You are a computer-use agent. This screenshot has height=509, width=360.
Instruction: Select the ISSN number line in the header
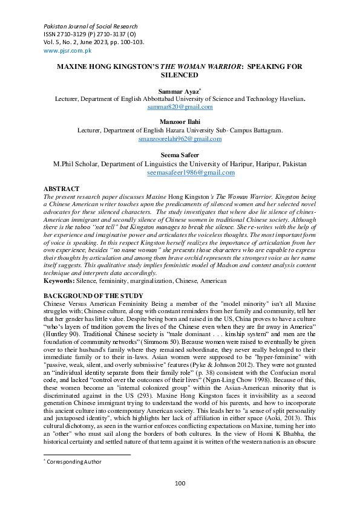(89, 34)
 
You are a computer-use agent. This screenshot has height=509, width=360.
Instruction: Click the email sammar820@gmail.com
(180, 106)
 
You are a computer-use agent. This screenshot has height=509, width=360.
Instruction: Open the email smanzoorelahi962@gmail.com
(180, 138)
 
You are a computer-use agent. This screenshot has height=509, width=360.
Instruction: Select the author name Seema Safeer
(180, 154)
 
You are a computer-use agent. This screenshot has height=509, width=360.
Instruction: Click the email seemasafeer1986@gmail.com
(191, 172)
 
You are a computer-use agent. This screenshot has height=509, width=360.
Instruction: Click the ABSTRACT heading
(62, 189)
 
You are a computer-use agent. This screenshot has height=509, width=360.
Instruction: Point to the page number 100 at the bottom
(180, 482)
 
